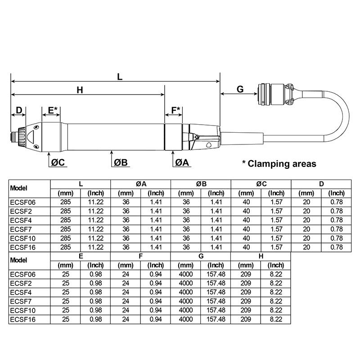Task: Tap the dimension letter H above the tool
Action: click(x=80, y=90)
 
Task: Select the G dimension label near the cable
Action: click(x=240, y=89)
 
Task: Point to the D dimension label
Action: click(x=19, y=110)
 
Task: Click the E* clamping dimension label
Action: click(x=53, y=110)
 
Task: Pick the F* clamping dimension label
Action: click(x=176, y=110)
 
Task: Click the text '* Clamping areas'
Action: click(x=279, y=163)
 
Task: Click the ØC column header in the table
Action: click(x=261, y=184)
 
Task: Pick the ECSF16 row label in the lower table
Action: click(x=22, y=319)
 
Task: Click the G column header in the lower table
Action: click(x=201, y=256)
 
